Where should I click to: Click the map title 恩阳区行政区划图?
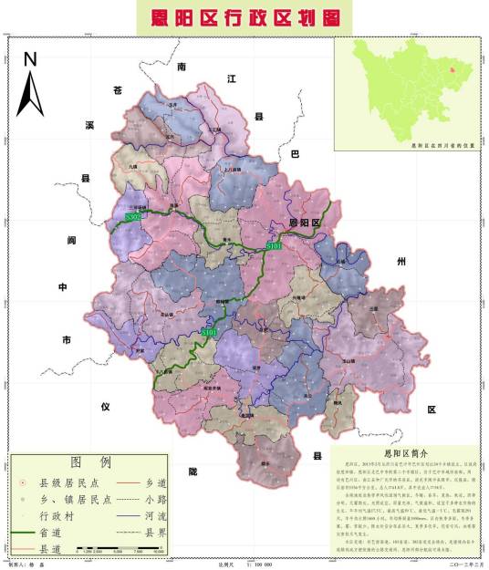244,17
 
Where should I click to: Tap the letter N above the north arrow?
30,60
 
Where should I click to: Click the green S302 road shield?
132,217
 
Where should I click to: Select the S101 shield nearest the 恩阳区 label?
273,246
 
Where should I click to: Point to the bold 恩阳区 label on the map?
305,223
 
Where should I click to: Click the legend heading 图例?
89,463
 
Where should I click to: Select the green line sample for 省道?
31,531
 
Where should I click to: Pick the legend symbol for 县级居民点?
23,482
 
